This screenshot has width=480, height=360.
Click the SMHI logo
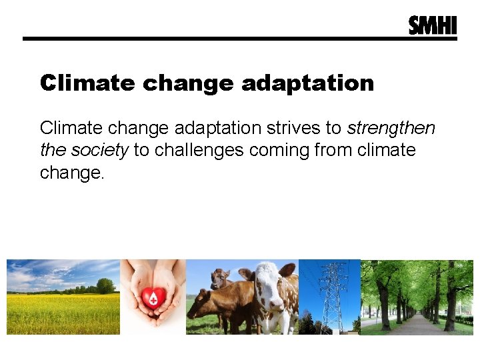click(433, 25)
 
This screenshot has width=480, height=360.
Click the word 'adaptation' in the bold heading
click(307, 83)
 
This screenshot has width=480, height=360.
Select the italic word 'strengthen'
click(391, 127)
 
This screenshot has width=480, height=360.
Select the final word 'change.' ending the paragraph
click(72, 173)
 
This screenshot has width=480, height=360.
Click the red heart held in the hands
click(152, 298)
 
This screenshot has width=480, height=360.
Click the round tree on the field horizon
click(105, 286)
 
